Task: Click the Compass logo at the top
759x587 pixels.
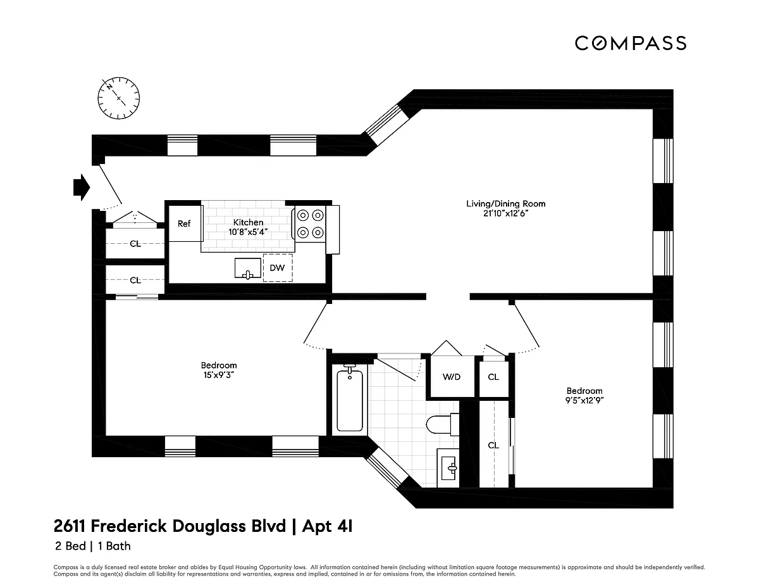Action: point(630,43)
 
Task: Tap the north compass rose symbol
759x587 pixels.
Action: point(118,98)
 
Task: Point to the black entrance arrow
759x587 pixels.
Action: point(82,187)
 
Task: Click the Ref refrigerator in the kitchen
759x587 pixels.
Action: point(185,224)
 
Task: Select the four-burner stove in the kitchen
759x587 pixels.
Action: point(310,224)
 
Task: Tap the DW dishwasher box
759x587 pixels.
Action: point(278,268)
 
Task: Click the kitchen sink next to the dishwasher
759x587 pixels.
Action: point(248,268)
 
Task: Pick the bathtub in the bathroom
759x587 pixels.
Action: point(350,400)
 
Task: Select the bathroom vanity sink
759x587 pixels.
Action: point(448,468)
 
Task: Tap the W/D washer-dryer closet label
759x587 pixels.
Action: point(451,377)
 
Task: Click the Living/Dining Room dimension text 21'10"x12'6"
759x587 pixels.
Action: point(505,213)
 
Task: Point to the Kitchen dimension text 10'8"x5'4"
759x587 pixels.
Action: point(248,232)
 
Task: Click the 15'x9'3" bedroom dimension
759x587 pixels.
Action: point(219,375)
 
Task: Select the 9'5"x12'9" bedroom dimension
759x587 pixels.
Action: point(584,400)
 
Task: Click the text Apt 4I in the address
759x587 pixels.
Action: point(327,526)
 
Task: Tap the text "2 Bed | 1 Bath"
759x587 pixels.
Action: point(93,546)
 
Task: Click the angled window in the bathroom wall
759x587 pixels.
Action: point(386,469)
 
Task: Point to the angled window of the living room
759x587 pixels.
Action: point(387,125)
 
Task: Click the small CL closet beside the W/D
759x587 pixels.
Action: point(493,377)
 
